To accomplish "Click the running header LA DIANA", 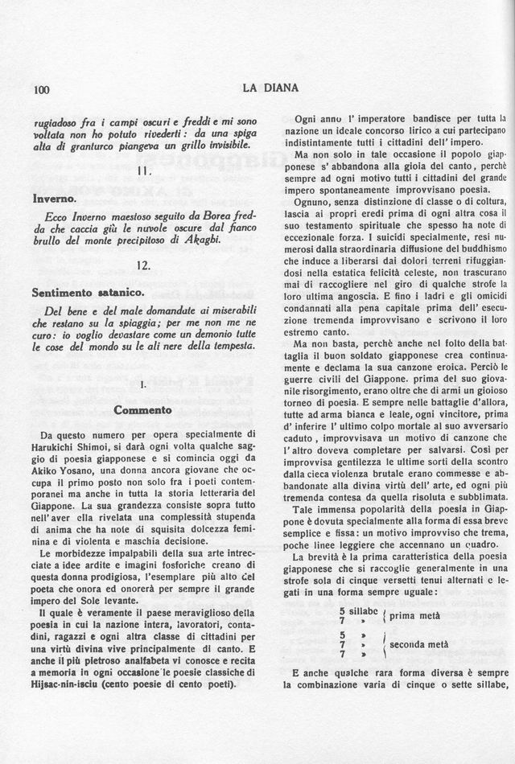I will (270, 88).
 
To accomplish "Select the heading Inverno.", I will (55, 197).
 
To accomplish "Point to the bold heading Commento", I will (142, 409).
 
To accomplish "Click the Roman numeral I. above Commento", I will (142, 385).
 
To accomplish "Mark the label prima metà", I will (415, 616).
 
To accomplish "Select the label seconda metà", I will (419, 645).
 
